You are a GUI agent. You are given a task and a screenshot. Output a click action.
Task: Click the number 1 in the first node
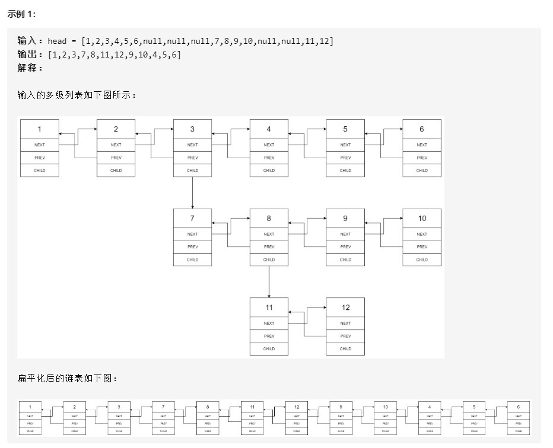40,129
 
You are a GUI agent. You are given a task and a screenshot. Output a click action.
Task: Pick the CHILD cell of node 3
192,170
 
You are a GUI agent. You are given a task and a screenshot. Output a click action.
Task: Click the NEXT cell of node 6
422,145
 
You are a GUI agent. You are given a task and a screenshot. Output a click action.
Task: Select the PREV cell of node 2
116,158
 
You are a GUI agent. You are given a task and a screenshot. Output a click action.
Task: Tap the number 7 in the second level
192,218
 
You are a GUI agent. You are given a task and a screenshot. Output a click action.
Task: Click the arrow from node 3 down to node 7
192,193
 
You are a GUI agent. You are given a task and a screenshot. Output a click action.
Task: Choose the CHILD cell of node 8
269,260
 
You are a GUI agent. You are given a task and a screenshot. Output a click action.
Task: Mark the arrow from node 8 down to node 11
269,282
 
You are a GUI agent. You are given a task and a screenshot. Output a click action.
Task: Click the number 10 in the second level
422,218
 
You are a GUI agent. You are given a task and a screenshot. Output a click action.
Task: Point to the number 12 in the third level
345,308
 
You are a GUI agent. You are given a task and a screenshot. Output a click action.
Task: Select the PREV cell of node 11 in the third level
269,336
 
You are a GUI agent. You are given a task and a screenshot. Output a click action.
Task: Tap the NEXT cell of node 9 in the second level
345,234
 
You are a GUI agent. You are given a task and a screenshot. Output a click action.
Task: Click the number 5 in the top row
345,129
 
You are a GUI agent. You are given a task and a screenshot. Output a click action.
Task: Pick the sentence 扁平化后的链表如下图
68,379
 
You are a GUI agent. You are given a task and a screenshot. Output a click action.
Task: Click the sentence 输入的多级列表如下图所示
77,94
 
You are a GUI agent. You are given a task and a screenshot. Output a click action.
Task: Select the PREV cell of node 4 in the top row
269,158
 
